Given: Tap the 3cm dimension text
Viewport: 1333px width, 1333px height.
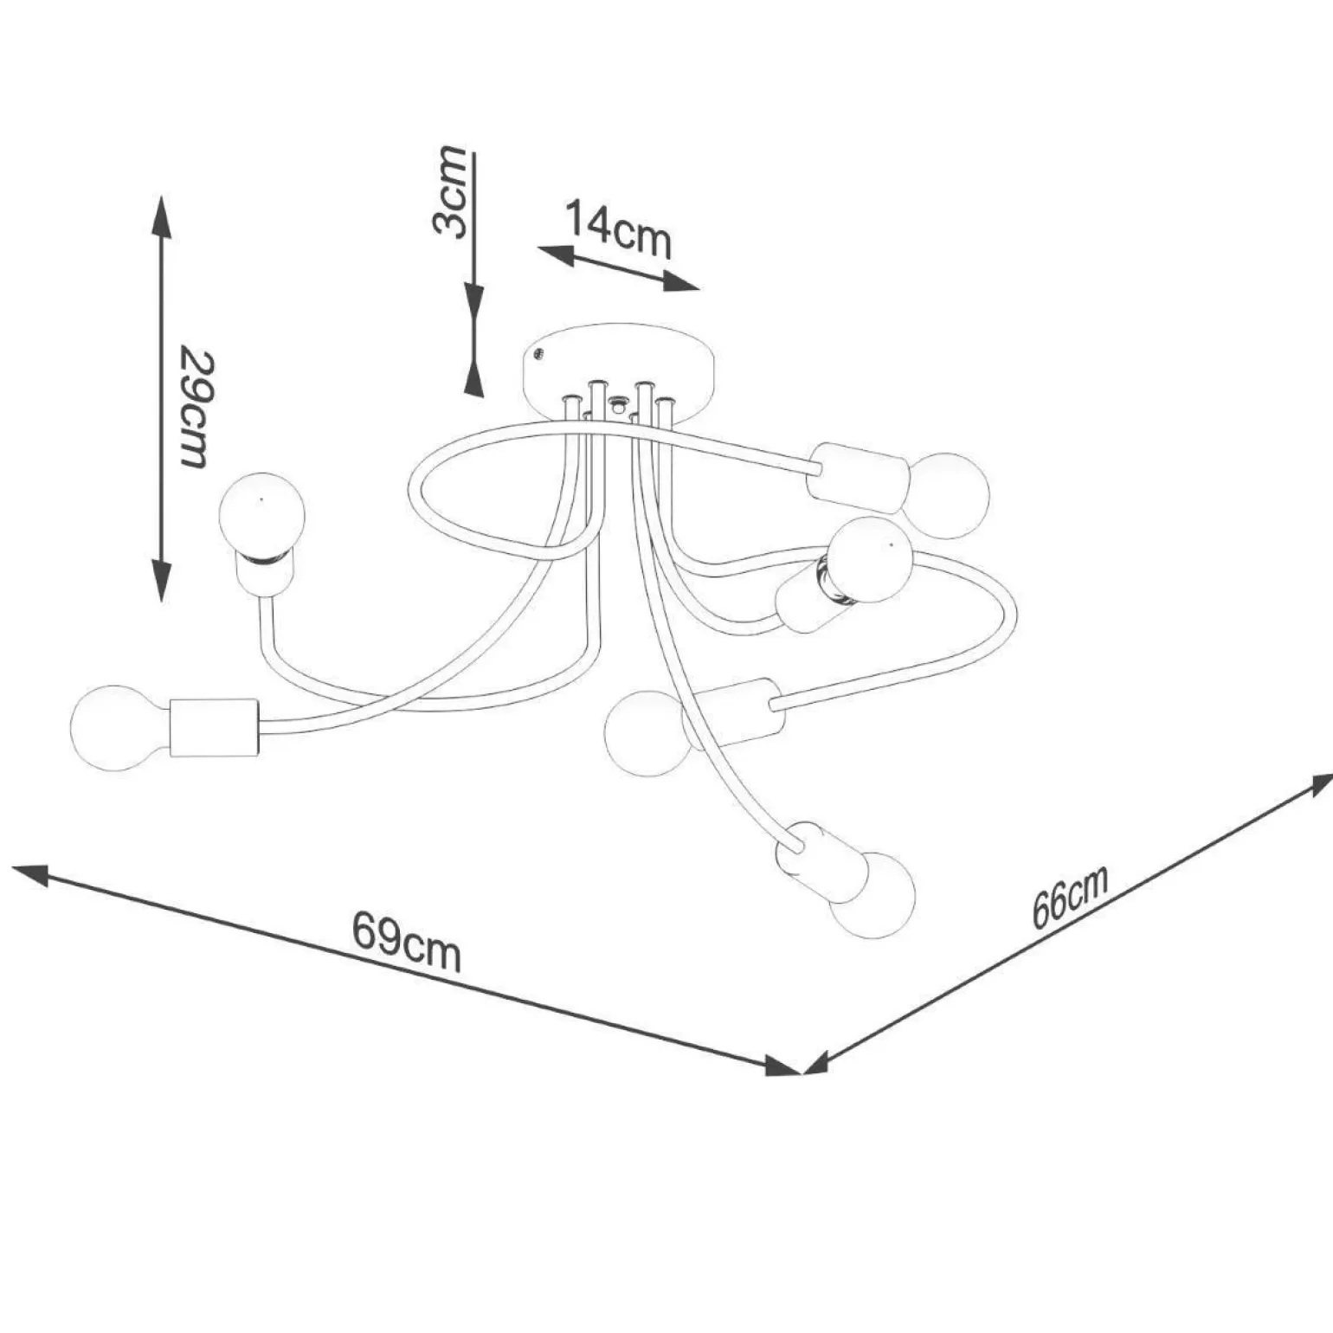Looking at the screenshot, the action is coord(450,191).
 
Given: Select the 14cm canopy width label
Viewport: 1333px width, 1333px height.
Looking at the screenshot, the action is coord(618,229).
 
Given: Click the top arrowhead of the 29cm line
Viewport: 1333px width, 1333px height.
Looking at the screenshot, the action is coord(160,216).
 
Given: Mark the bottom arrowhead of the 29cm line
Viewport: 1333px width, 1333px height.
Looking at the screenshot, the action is coord(161,580).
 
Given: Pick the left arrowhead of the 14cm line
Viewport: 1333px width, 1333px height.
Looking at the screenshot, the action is coord(556,254).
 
